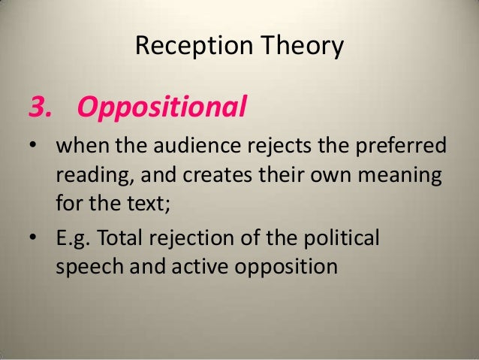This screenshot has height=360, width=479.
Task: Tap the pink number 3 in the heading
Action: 38,109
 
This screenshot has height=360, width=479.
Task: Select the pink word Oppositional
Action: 162,110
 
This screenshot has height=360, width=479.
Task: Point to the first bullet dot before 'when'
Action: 33,146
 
